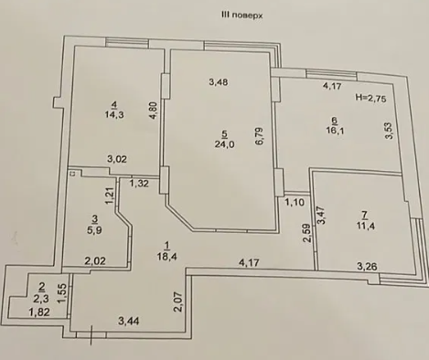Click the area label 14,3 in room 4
click(x=114, y=116)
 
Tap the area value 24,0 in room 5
click(x=223, y=143)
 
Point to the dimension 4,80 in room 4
click(x=154, y=111)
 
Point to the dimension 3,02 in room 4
click(x=116, y=161)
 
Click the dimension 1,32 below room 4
click(x=139, y=184)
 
